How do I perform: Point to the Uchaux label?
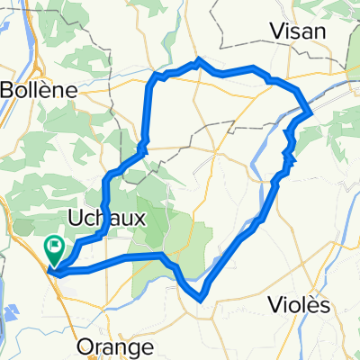102,216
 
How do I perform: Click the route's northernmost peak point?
198,59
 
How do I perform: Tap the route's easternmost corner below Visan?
310,112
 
